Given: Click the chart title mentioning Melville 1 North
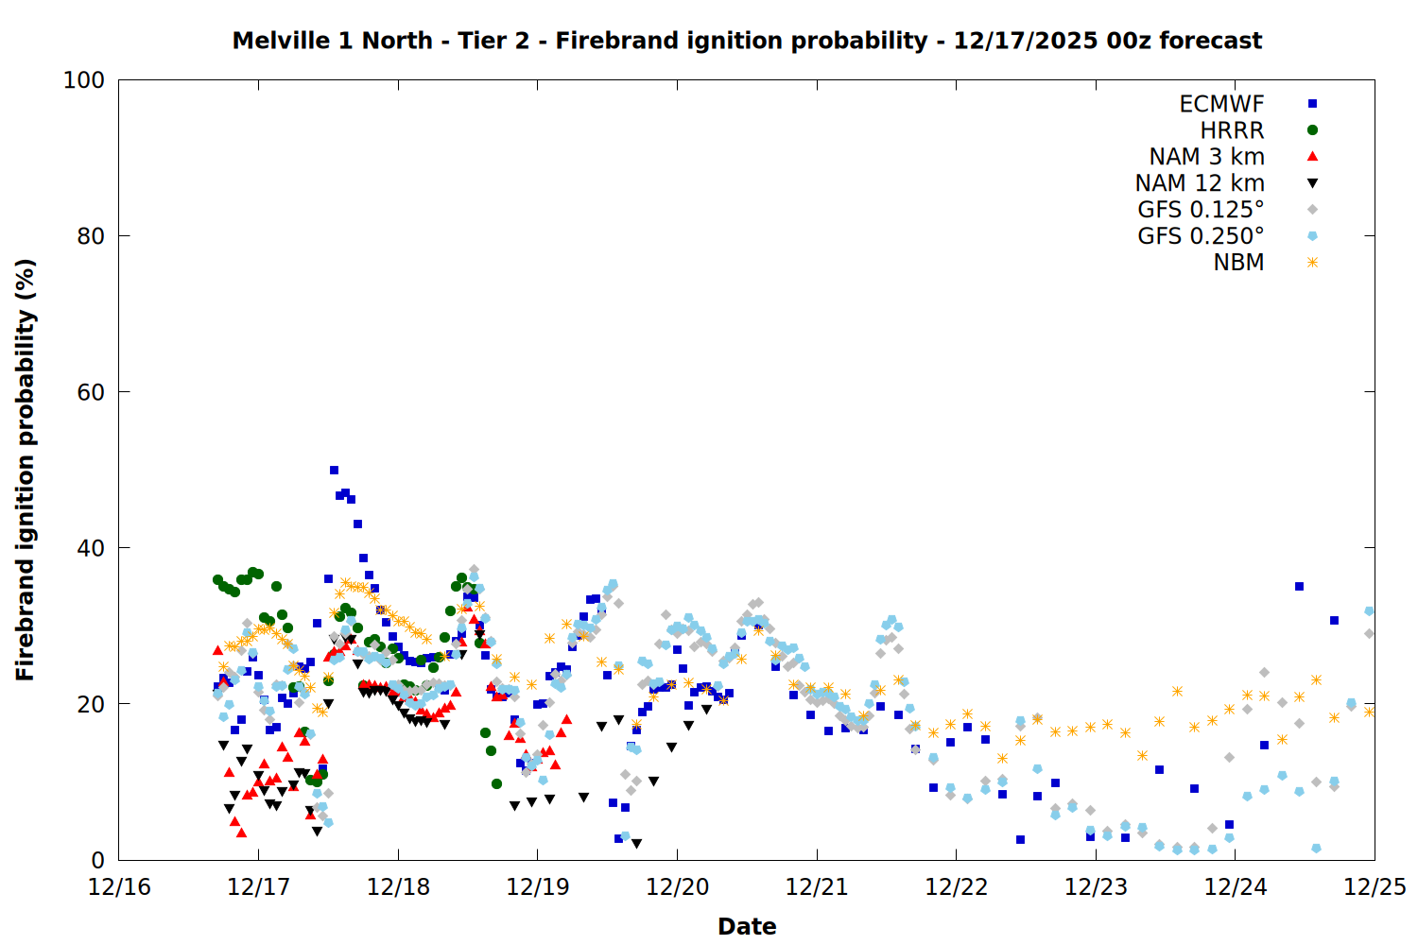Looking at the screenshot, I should click(x=747, y=41).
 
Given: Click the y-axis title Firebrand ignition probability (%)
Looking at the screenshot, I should click(x=26, y=470).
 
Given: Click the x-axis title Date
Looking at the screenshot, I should click(x=747, y=926).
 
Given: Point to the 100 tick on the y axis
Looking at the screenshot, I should click(x=84, y=80).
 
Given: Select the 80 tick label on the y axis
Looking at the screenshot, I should click(x=90, y=236).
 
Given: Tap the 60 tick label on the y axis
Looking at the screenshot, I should click(x=90, y=392).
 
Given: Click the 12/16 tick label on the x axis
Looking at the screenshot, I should click(x=119, y=887).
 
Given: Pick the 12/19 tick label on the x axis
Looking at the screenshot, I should click(x=538, y=887).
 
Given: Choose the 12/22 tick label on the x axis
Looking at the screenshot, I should click(x=957, y=887).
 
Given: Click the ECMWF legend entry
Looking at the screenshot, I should click(x=1221, y=104).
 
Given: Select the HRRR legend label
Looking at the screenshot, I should click(x=1232, y=130).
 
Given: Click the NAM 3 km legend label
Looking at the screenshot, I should click(x=1206, y=157).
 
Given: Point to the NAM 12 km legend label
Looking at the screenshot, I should click(x=1200, y=183).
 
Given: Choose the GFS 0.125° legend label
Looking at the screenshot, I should click(x=1201, y=210).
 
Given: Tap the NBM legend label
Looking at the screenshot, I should click(x=1238, y=263).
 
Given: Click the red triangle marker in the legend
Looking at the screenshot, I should click(x=1312, y=156).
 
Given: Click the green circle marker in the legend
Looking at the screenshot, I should click(x=1312, y=130).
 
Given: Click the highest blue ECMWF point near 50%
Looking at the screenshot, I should click(x=334, y=470).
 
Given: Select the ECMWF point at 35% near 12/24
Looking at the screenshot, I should click(x=1299, y=587).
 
